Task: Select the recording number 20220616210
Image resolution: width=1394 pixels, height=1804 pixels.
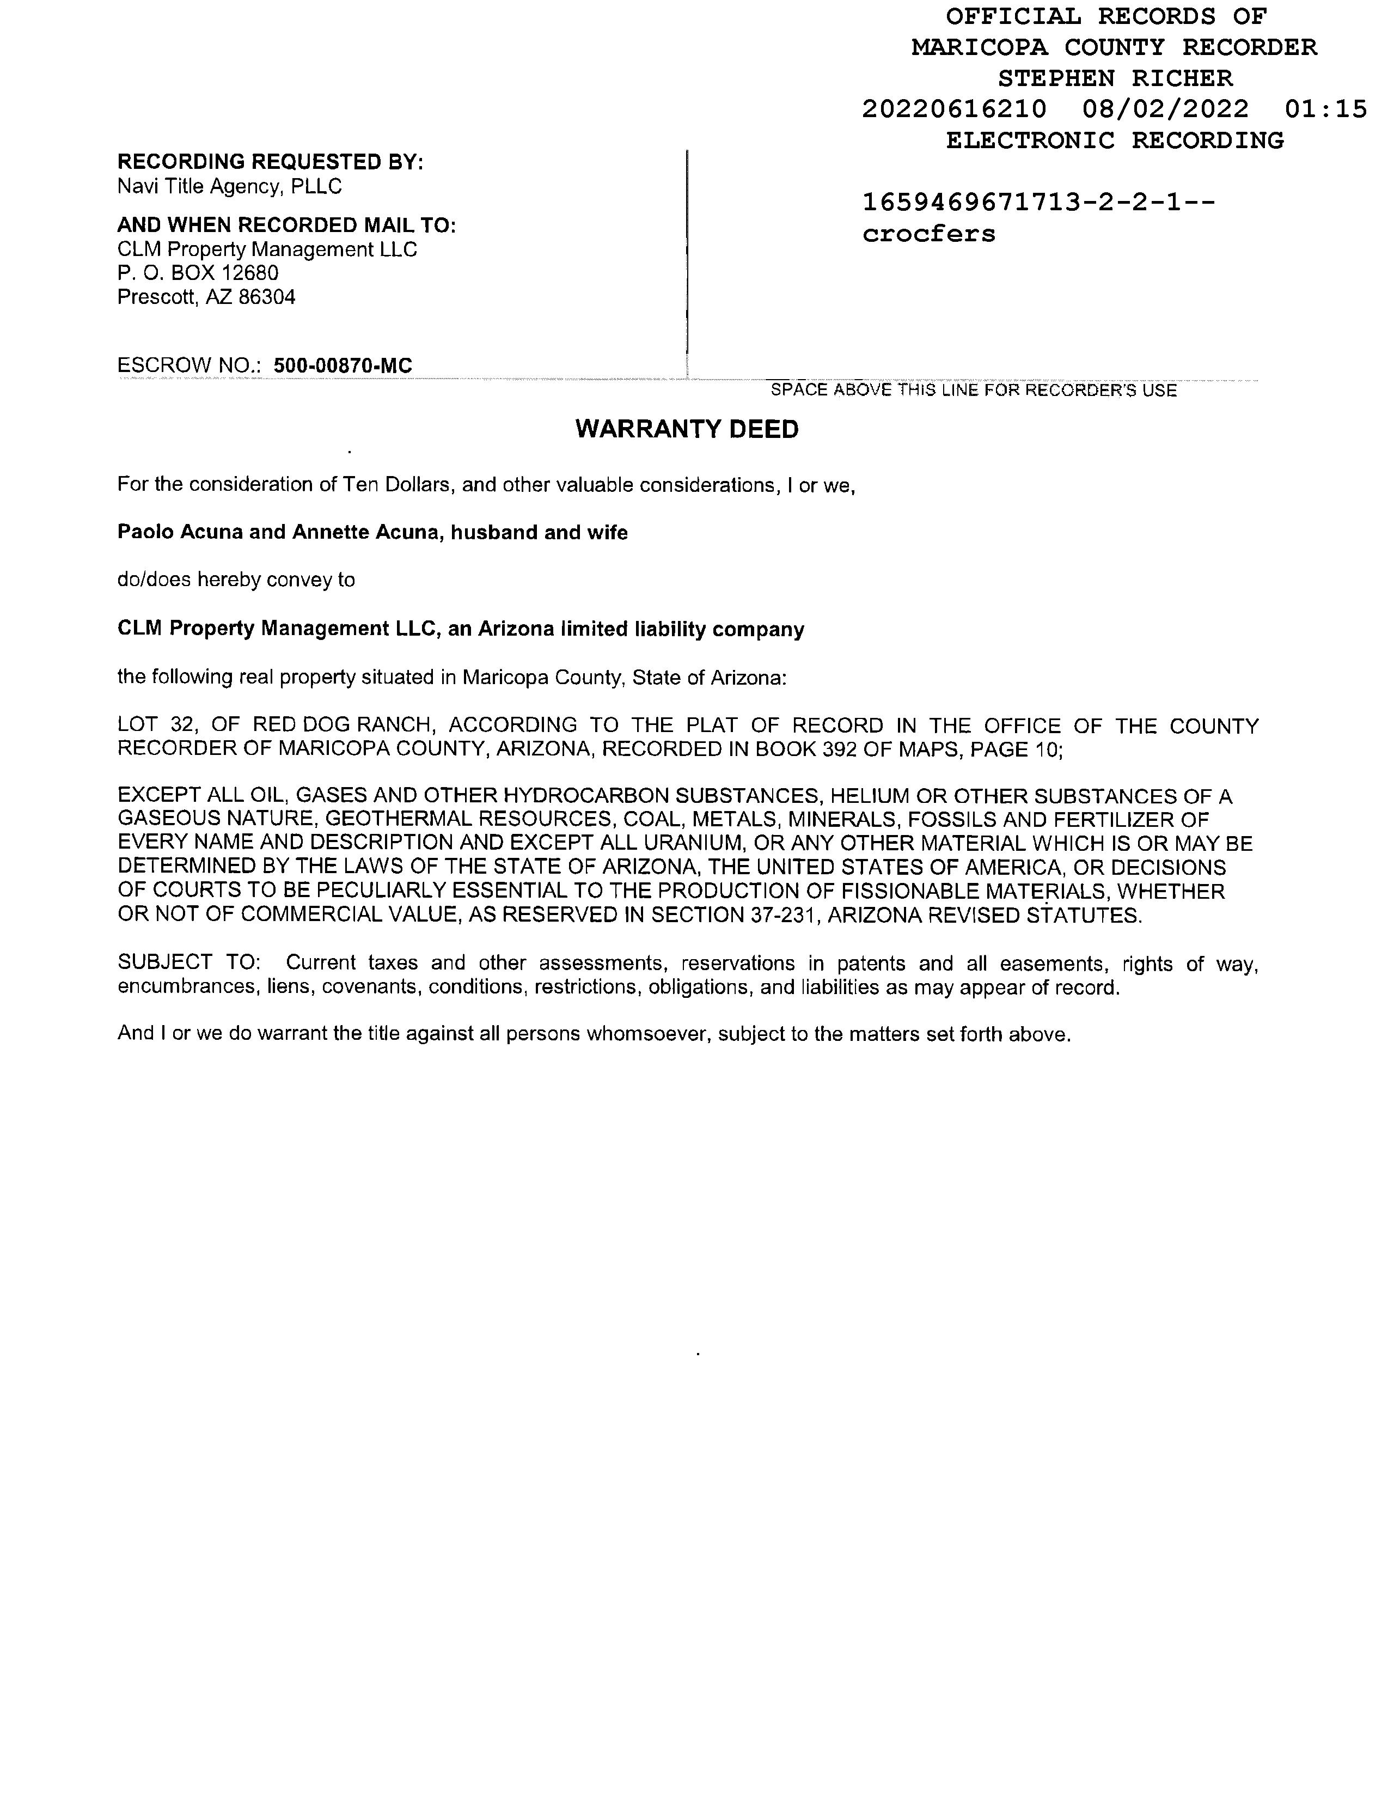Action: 954,109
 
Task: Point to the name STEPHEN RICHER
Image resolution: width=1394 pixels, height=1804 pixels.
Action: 1115,78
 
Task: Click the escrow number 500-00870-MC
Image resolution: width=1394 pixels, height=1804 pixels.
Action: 343,365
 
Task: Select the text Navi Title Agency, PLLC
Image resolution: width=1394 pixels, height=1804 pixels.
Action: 230,187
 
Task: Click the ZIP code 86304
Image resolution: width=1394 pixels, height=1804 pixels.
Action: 267,297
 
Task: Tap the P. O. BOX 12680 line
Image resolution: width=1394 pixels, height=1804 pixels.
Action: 198,273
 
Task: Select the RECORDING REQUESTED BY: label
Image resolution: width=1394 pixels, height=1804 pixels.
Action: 270,162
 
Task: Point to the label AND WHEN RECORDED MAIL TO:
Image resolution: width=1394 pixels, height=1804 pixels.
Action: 286,225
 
